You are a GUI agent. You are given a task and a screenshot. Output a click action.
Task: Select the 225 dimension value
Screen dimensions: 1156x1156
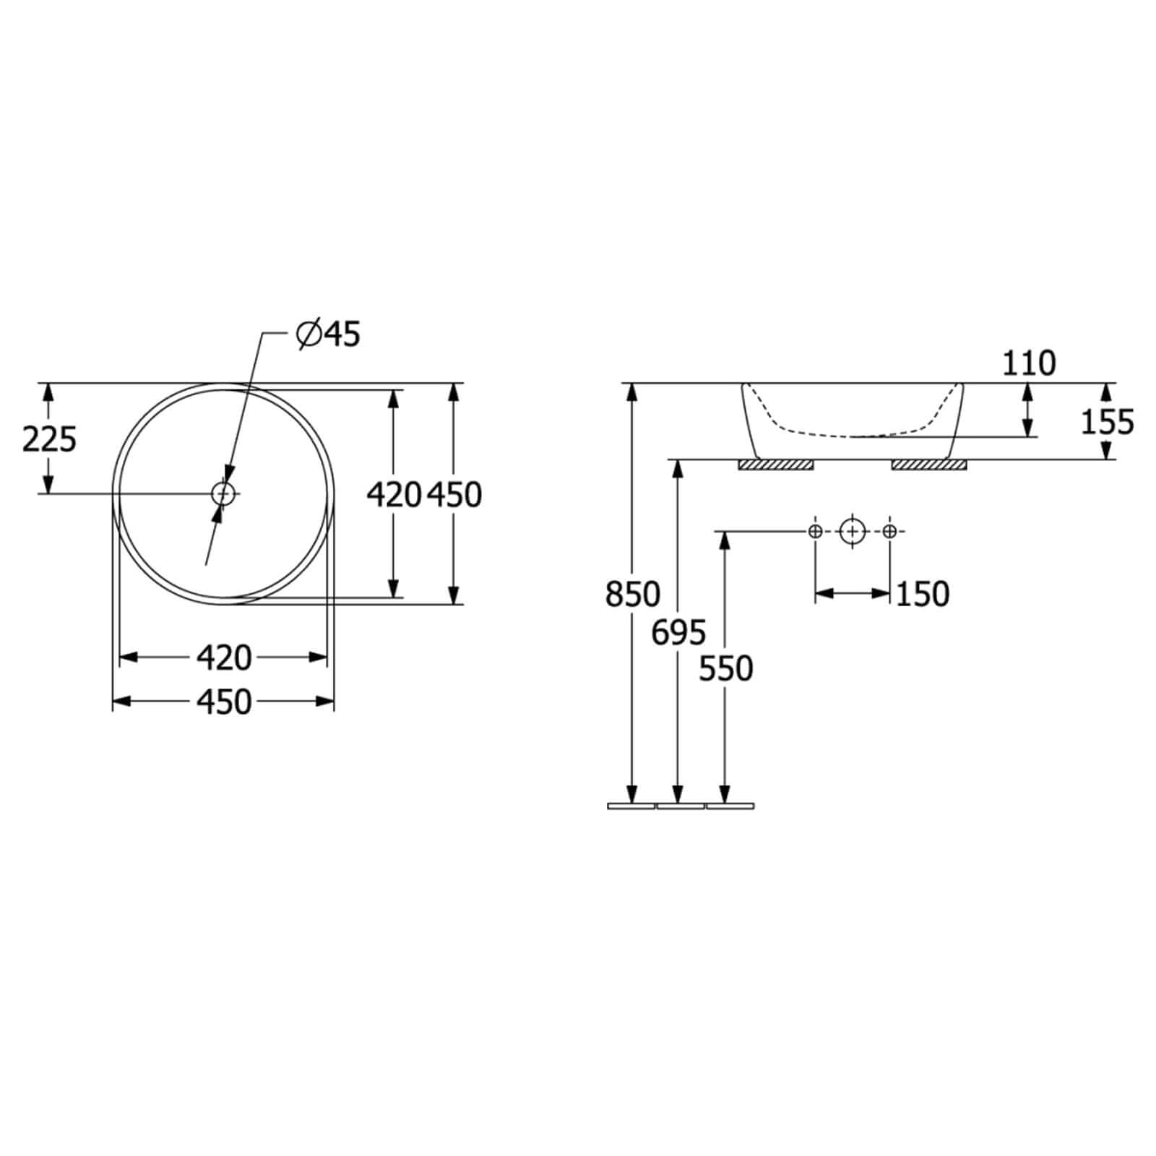[49, 439]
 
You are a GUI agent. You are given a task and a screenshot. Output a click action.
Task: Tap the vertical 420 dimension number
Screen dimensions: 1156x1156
[394, 495]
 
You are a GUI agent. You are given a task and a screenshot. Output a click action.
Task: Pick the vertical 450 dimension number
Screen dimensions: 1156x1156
[454, 495]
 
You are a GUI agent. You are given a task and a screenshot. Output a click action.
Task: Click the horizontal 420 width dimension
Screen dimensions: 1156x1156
[224, 657]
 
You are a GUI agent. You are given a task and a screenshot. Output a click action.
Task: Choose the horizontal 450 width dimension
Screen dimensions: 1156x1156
[224, 702]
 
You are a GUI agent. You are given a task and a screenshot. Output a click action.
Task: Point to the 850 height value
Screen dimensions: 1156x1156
[633, 595]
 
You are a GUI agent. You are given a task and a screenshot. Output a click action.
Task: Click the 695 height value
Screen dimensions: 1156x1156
[678, 633]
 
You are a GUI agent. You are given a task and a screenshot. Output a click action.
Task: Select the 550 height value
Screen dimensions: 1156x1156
[726, 669]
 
